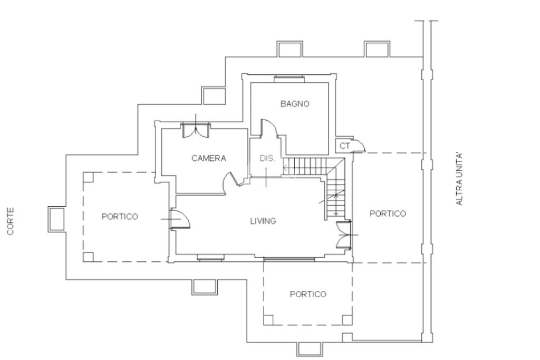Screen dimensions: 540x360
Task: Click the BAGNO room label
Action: click(295, 104)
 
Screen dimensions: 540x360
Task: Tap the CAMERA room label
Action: click(209, 158)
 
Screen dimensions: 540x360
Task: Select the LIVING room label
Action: click(263, 221)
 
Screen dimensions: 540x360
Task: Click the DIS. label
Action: click(267, 159)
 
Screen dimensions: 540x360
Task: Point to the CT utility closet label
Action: click(345, 146)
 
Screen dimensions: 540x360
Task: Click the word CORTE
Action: click(11, 221)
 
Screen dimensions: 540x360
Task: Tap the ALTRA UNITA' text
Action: click(459, 179)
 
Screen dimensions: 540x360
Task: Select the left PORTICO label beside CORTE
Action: click(120, 217)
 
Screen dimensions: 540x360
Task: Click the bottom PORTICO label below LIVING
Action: click(308, 294)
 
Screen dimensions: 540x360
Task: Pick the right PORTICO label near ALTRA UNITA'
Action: click(388, 213)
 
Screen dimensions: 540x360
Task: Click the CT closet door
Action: click(359, 144)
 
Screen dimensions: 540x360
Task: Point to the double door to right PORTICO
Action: click(343, 235)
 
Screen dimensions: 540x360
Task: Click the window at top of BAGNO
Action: click(290, 79)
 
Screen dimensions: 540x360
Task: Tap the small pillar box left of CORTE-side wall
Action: click(57, 219)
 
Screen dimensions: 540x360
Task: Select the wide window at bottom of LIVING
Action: click(290, 258)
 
